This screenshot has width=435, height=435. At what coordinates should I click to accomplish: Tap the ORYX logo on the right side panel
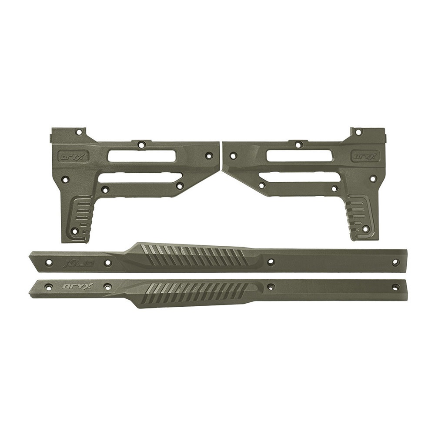[366, 155]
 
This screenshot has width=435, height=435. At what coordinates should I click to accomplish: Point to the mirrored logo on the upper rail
[73, 263]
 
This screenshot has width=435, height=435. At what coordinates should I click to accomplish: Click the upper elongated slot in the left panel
[142, 156]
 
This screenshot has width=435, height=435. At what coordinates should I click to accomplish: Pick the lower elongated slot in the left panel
[140, 177]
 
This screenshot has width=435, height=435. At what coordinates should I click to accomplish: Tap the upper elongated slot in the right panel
[300, 156]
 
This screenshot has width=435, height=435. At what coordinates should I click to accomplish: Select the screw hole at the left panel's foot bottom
[74, 231]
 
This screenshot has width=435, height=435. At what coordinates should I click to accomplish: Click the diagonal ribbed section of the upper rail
[196, 257]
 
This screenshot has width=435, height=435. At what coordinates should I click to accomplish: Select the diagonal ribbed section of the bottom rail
[196, 290]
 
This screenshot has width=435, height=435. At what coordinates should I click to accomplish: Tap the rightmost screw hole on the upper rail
[395, 262]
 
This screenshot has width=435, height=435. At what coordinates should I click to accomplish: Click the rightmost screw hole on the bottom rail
[395, 287]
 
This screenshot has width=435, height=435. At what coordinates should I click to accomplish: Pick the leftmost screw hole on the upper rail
[49, 263]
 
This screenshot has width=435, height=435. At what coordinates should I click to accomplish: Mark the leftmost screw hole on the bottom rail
[49, 287]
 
